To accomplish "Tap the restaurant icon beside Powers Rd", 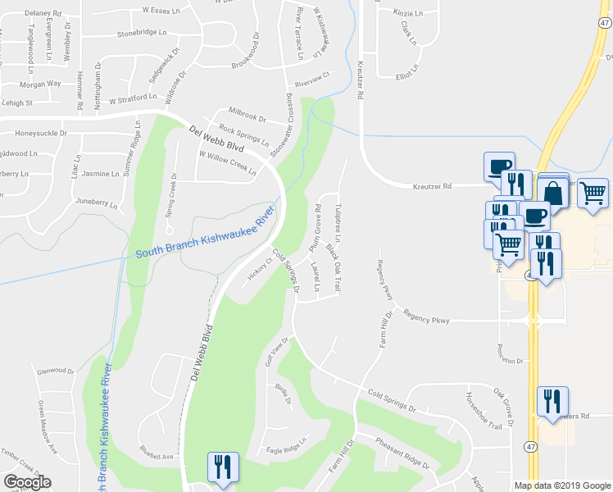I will pyautogui.click(x=552, y=401).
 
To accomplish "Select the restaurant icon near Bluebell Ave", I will pyautogui.click(x=223, y=467).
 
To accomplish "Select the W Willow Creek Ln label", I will pyautogui.click(x=227, y=163).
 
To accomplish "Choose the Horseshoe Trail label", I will pyautogui.click(x=484, y=410).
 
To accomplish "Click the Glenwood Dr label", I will pyautogui.click(x=55, y=371).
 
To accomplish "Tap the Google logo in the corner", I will pyautogui.click(x=27, y=481).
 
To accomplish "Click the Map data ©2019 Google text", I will pyautogui.click(x=562, y=485).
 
